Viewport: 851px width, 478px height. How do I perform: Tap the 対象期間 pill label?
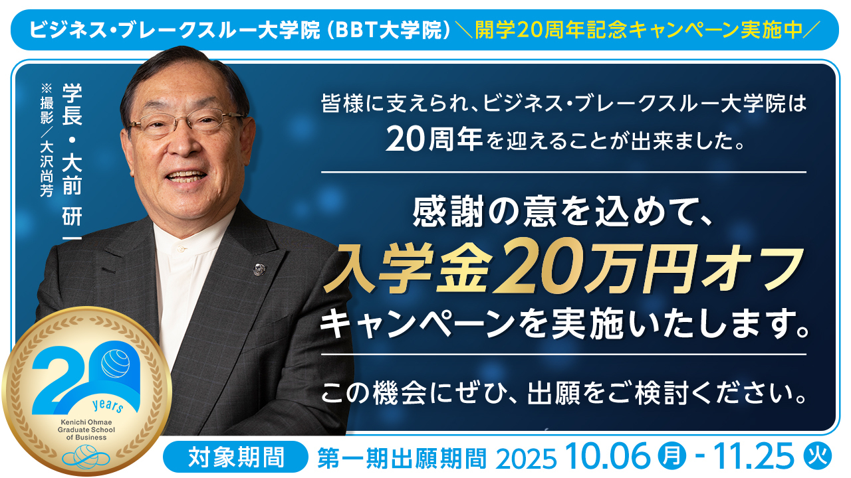235,457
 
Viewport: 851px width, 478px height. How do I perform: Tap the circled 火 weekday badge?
818,456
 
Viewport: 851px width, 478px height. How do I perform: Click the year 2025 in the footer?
526,459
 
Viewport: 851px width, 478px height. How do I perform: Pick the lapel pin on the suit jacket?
259,269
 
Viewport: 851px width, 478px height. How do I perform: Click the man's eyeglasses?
186,121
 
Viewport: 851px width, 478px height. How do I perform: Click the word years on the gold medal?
108,405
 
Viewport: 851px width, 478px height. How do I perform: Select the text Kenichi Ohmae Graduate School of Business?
86,430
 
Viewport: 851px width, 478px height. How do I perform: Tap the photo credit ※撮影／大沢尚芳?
47,140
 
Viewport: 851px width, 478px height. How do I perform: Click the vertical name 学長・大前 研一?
72,161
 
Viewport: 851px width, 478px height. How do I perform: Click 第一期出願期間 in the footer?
402,458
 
